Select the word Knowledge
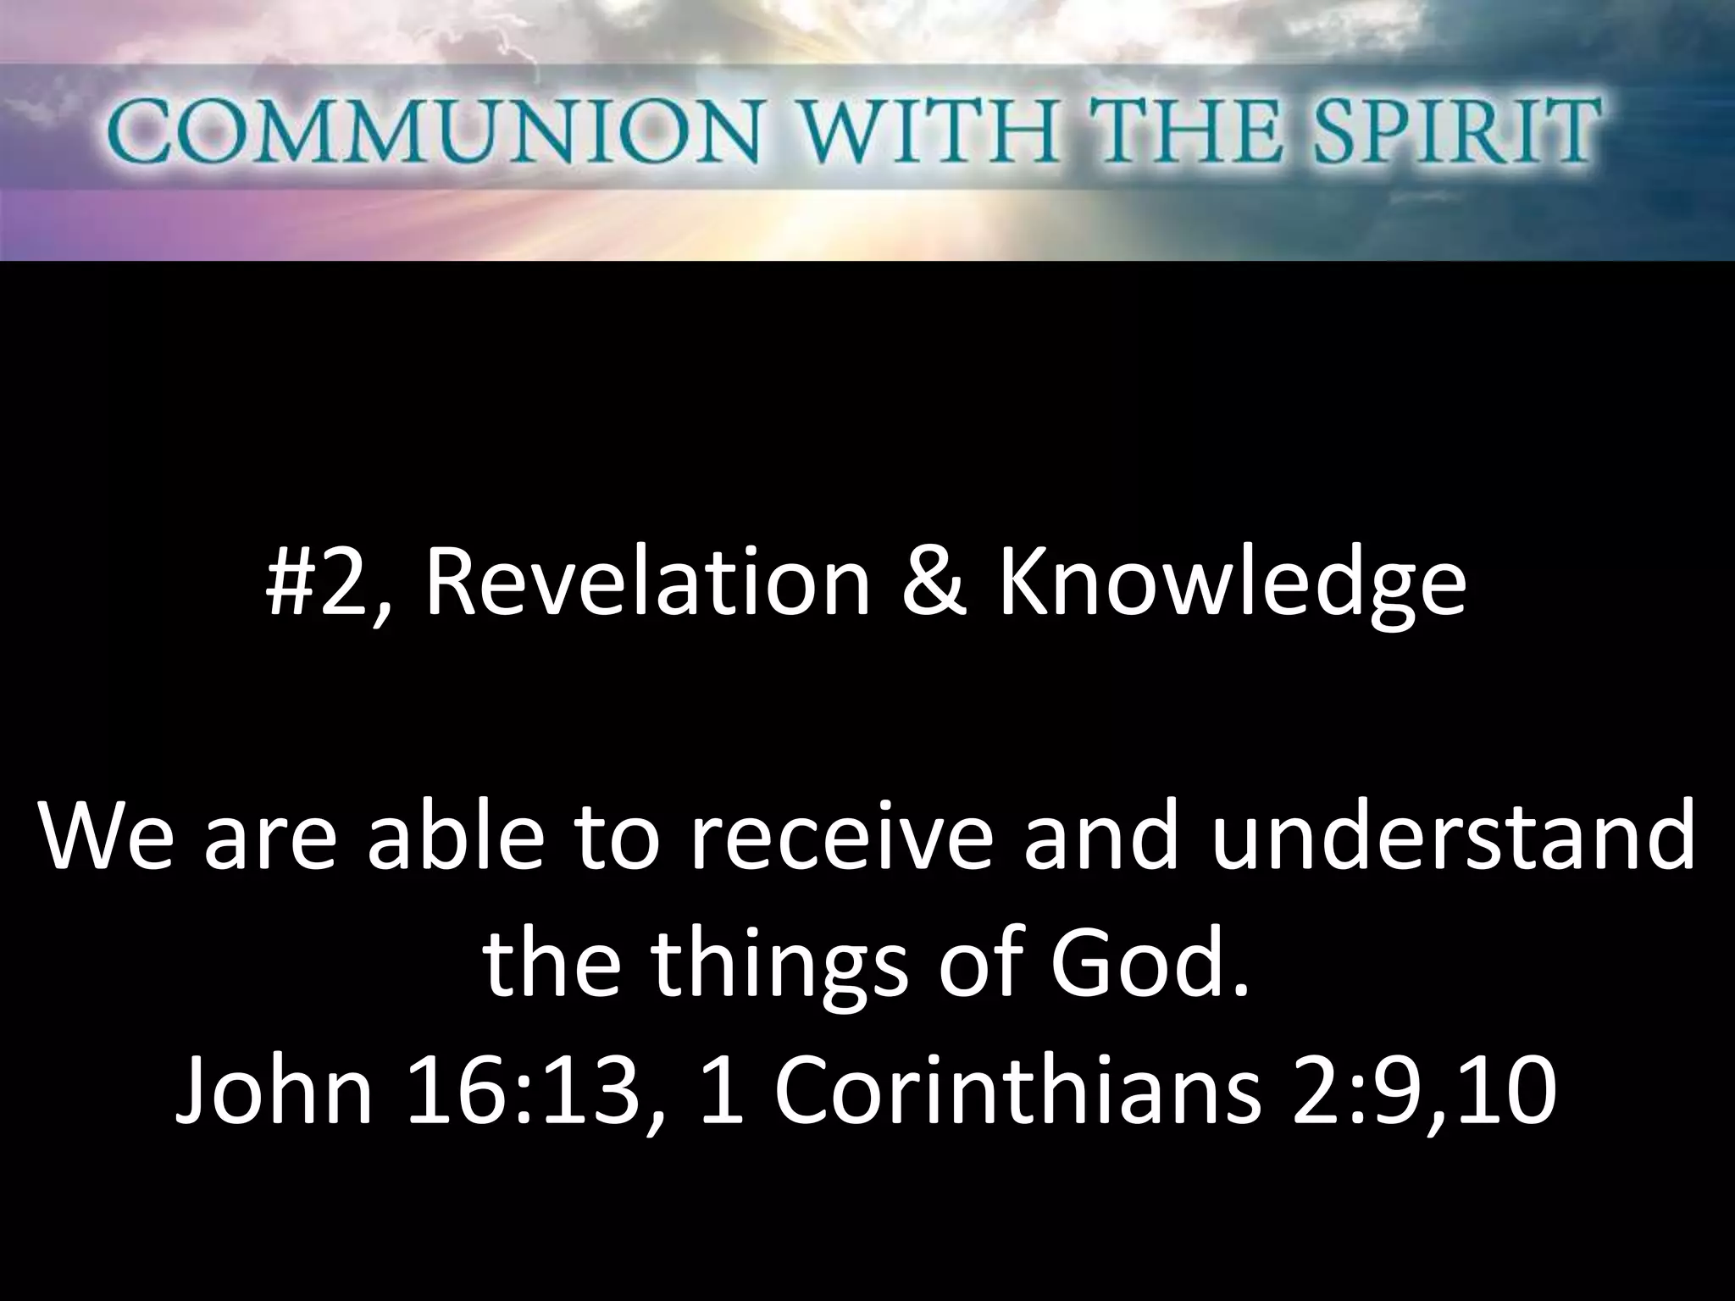coord(1233,586)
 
